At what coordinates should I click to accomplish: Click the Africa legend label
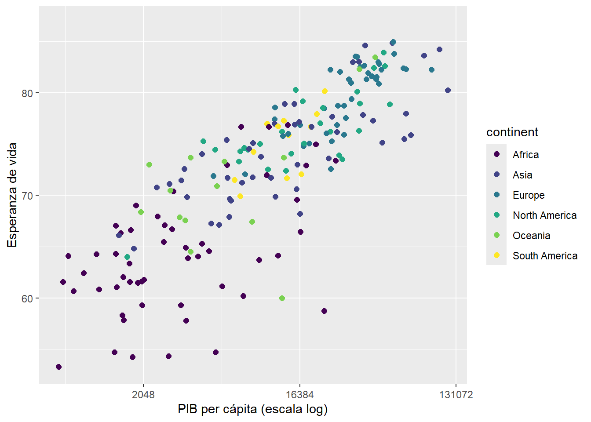[525, 155]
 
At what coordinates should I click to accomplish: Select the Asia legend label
[522, 175]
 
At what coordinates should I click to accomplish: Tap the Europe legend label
[529, 196]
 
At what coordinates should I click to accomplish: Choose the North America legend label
[544, 215]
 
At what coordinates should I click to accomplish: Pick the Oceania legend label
[531, 236]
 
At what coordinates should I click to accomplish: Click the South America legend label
[545, 256]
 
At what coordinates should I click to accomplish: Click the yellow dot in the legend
[496, 255]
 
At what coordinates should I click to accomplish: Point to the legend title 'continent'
[512, 132]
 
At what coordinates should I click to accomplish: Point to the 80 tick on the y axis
[27, 93]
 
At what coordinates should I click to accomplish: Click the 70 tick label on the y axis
[27, 196]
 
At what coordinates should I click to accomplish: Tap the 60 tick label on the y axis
[27, 299]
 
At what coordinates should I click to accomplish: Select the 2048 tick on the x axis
[143, 395]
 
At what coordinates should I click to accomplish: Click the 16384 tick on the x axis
[300, 395]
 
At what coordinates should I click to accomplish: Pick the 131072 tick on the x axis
[456, 395]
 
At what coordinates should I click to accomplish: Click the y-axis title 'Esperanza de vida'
[12, 195]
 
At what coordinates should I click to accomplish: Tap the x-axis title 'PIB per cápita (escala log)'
[253, 409]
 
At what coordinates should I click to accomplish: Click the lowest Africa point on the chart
[58, 367]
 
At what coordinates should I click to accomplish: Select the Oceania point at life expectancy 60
[282, 298]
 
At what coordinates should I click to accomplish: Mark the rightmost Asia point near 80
[448, 91]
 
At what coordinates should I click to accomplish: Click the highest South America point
[325, 91]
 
